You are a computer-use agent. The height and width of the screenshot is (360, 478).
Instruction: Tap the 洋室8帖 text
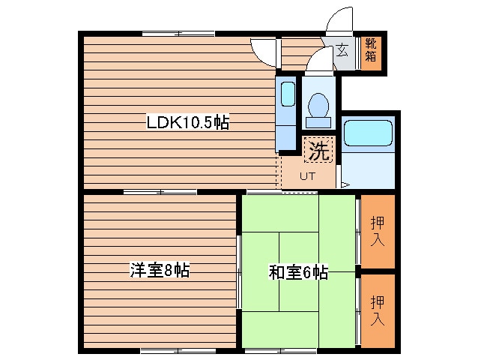(159, 270)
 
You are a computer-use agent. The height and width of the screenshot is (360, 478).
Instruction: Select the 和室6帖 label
(298, 273)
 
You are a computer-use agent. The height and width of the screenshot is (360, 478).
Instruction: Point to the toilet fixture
(318, 106)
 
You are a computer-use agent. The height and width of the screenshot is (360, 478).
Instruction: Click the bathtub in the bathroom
(367, 134)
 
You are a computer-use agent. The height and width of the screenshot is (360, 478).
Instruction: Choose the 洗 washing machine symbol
(318, 151)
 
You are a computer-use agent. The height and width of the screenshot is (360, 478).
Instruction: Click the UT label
(307, 177)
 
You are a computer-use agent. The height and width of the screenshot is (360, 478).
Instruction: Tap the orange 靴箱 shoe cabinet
(372, 52)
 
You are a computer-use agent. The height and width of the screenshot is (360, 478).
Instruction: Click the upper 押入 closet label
(378, 231)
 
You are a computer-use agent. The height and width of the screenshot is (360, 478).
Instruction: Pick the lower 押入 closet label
(378, 310)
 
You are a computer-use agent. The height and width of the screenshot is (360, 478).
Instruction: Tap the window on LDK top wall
(178, 33)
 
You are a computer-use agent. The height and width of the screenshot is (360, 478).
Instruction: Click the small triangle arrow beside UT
(344, 183)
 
